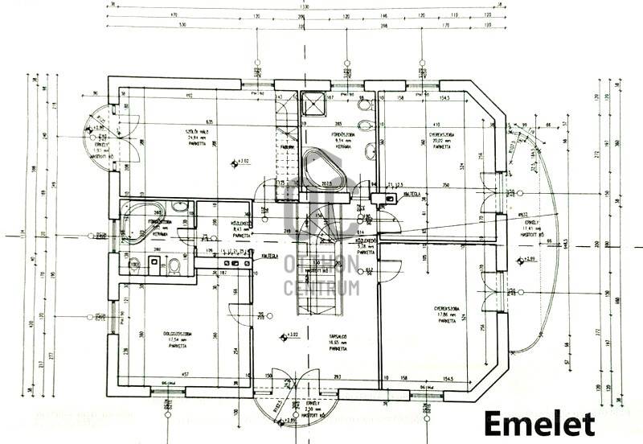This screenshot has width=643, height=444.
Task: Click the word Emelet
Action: pyautogui.click(x=539, y=422)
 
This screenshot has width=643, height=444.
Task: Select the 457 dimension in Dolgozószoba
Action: pyautogui.click(x=184, y=373)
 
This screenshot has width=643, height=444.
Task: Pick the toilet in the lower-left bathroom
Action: pyautogui.click(x=173, y=265)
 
